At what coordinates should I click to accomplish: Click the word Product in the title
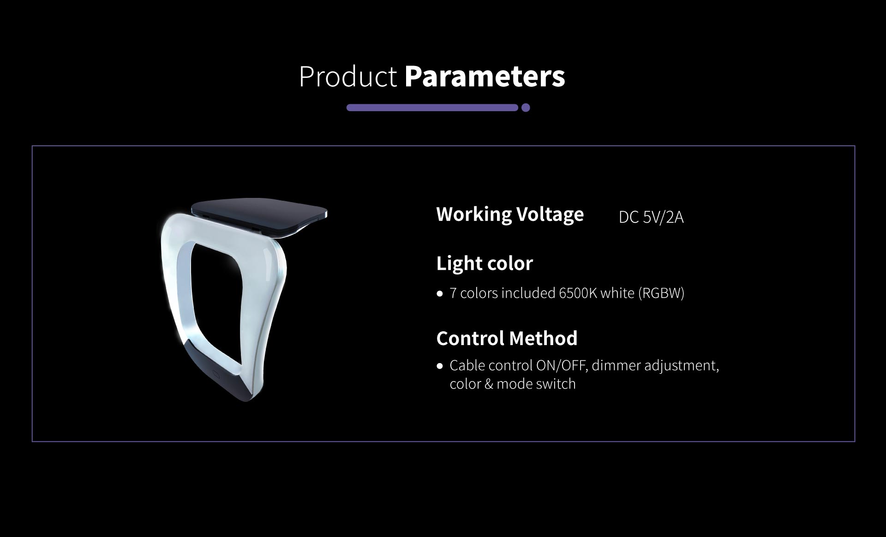coord(348,77)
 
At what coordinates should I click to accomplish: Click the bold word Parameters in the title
coord(485,77)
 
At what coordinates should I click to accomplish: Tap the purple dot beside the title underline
coord(526,108)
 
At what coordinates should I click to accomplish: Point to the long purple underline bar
coord(432,108)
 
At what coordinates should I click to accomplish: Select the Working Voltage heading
coord(510,215)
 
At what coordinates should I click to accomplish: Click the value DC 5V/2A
coord(651,217)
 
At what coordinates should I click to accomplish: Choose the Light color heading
coord(485,263)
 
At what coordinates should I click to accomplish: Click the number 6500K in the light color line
coord(578,293)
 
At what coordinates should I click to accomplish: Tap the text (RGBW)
coord(661,293)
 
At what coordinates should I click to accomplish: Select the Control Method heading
coord(507,338)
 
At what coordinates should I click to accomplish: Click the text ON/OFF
coord(560,365)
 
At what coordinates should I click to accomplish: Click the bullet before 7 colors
coord(440,293)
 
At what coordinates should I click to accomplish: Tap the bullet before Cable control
coord(440,366)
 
